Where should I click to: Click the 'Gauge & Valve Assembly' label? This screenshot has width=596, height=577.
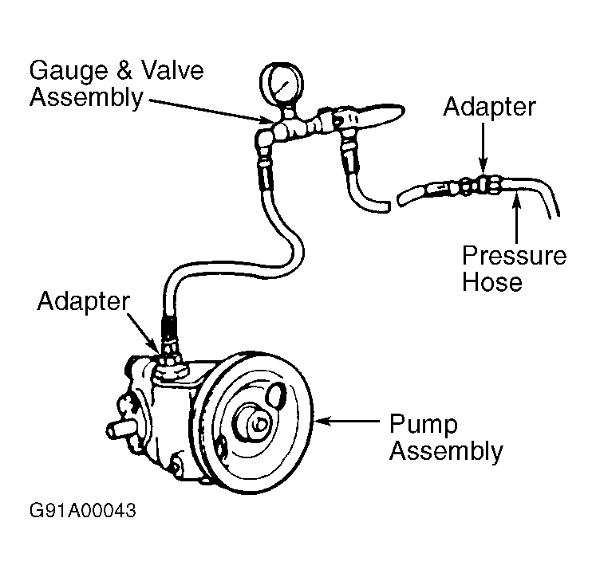pos(116,83)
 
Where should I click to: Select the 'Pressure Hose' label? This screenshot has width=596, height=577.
pos(514,269)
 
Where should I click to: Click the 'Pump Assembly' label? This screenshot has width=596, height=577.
pos(445,437)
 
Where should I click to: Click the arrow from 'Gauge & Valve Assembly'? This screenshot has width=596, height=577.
pos(207,110)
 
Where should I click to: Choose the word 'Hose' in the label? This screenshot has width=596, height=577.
pos(492,281)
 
